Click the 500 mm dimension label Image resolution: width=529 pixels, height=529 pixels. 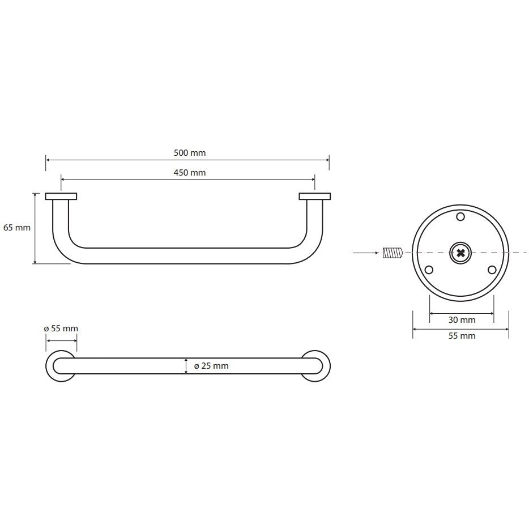point(190,153)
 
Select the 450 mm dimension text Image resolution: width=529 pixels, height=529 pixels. point(190,173)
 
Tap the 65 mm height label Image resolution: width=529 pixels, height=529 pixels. point(17,228)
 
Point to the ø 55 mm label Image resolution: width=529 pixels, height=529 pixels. point(61,329)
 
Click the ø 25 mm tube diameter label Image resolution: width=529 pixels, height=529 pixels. point(211,366)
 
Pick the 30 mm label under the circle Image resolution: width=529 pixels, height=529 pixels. point(462,320)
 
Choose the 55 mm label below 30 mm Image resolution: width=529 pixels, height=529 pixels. point(462,336)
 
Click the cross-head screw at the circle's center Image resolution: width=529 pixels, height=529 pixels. point(460,253)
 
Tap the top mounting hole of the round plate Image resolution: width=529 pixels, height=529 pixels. point(460,216)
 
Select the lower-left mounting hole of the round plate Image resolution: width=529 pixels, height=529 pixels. point(429,270)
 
